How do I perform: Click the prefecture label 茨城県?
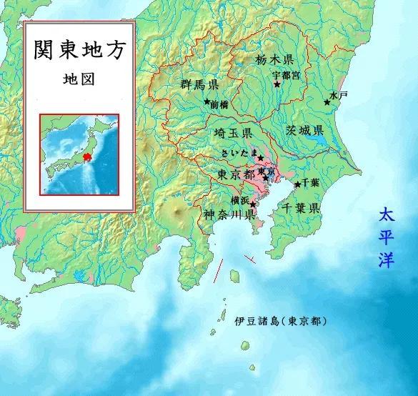coord(305,131)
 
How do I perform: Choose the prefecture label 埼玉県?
coord(232,134)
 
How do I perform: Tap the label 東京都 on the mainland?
coord(234,174)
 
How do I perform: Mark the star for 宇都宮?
coord(277,84)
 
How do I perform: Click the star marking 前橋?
coord(206,102)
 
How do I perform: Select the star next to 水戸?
coord(327,103)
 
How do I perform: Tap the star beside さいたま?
coord(261,158)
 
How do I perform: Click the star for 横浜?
coord(252,204)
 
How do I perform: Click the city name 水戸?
coord(338,94)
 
